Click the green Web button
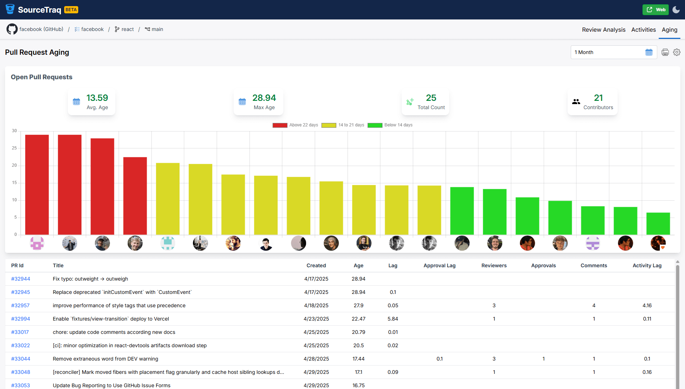(x=655, y=10)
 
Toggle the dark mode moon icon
(x=676, y=10)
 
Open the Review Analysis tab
(x=604, y=30)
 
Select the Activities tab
(x=643, y=30)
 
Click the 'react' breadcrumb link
(x=127, y=29)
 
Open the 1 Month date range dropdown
(x=613, y=52)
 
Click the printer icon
(x=665, y=52)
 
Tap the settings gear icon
(x=677, y=52)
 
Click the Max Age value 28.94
(x=264, y=98)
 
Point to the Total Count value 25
(x=431, y=98)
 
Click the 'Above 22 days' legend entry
(x=295, y=125)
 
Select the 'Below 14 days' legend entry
(x=390, y=125)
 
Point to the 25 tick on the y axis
(x=14, y=148)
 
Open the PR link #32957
(x=21, y=305)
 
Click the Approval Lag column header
(x=439, y=265)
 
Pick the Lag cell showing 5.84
(x=393, y=319)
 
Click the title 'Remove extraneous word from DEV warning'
(x=105, y=359)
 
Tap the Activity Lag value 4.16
(x=647, y=305)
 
